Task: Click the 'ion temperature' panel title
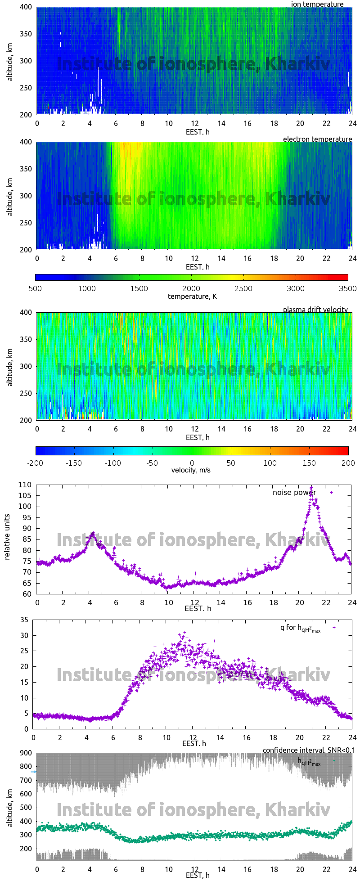(x=317, y=4)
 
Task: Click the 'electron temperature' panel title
(x=317, y=139)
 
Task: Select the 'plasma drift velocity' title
(x=315, y=310)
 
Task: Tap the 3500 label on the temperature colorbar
(x=347, y=288)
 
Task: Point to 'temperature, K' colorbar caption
(x=192, y=296)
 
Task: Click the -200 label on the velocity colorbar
(x=36, y=463)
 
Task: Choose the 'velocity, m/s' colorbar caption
(x=191, y=470)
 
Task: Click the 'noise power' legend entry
(x=294, y=493)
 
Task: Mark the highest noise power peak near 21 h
(x=311, y=487)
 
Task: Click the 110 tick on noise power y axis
(x=25, y=485)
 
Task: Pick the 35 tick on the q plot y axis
(x=24, y=620)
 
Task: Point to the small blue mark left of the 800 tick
(x=33, y=772)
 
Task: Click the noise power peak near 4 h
(x=93, y=533)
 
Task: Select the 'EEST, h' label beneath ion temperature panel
(x=198, y=132)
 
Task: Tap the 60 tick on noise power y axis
(x=27, y=594)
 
